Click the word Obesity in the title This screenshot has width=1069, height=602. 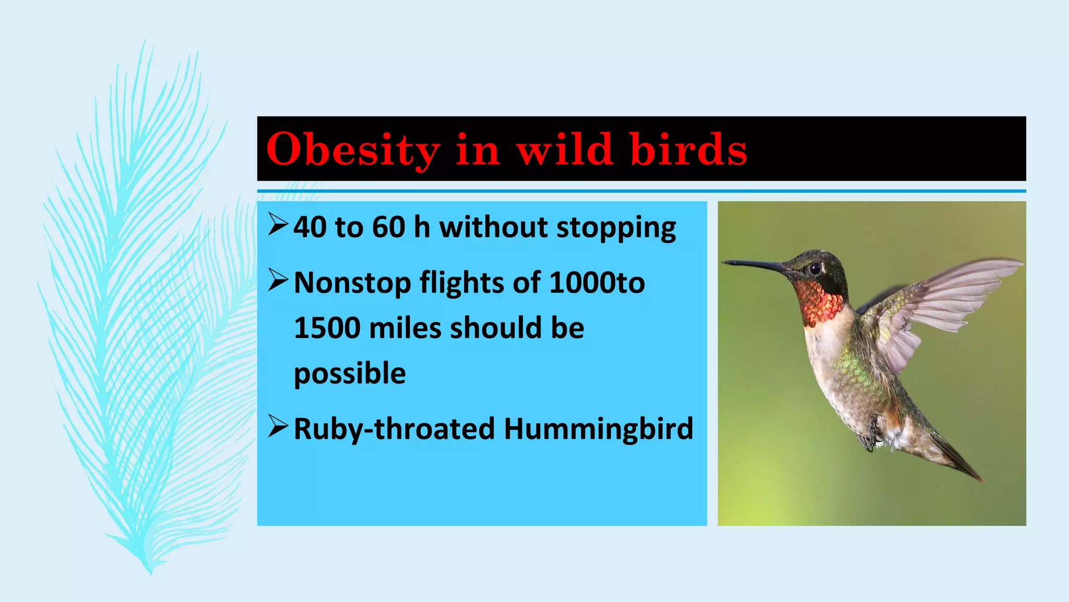(353, 149)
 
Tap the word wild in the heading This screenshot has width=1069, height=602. (564, 149)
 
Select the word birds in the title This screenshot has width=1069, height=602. (688, 149)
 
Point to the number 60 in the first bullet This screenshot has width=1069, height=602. (388, 227)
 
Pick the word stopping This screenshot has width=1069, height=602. (616, 228)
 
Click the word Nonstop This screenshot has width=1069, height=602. (352, 283)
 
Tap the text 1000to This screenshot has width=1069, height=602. (597, 283)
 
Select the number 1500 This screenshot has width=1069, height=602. (327, 328)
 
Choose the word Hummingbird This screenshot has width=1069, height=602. (598, 429)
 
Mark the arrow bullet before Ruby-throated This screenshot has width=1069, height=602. (278, 426)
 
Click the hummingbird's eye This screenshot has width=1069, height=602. (815, 269)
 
